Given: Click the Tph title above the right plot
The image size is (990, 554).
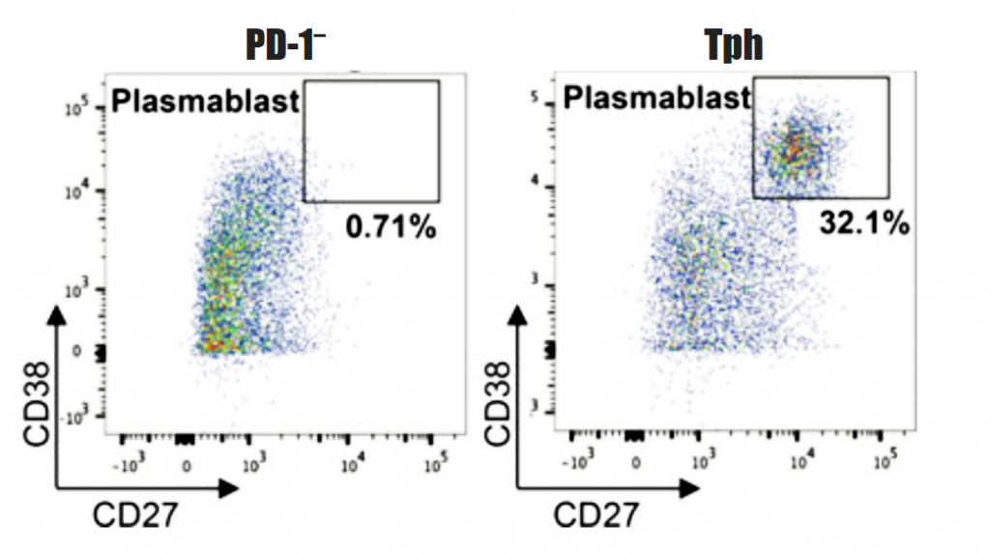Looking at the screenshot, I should pos(734,46).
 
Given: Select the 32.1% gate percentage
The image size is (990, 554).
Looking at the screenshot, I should pos(864,224).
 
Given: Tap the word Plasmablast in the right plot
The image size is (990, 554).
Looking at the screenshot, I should pos(657,98).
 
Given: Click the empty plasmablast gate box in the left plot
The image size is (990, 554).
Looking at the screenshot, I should pos(371,141).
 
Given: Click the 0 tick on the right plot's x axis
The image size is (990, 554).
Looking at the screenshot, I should pos(635,461).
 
